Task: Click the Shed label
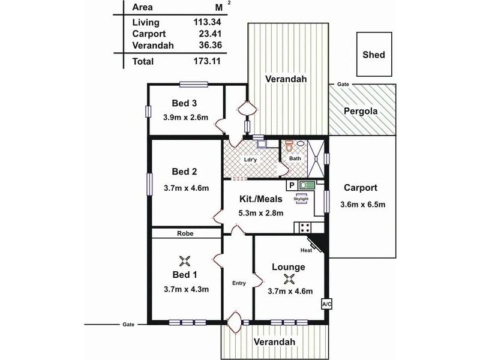coord(373,55)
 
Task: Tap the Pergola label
coord(361,111)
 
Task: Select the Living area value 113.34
coord(207,22)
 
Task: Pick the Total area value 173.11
coord(207,61)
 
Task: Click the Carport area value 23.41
coord(210,34)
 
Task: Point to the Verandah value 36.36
coord(211,45)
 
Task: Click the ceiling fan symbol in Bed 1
coord(185,261)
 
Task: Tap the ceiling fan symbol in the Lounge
coord(289,279)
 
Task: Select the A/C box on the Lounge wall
coord(326,304)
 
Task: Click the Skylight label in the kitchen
coord(301,199)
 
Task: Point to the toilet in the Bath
coord(289,146)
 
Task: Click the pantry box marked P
coord(292,185)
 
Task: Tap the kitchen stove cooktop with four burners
coord(305,227)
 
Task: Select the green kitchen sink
coord(307,185)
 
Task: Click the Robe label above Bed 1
coord(185,233)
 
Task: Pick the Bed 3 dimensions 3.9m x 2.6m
coord(185,117)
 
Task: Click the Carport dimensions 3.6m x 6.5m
coord(363,205)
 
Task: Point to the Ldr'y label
coord(250,160)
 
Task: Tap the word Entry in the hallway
coord(239,283)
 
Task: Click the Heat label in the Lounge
coord(306,250)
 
